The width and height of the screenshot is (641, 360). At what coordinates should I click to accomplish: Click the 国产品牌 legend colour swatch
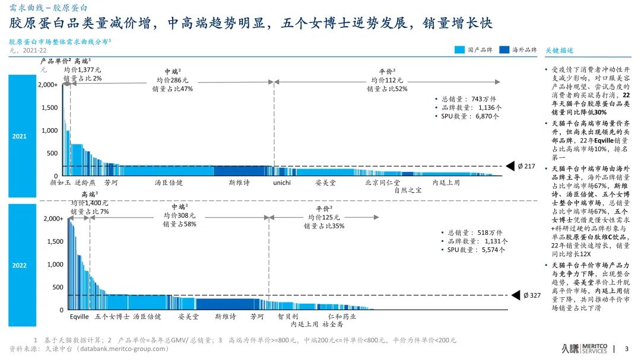(460, 50)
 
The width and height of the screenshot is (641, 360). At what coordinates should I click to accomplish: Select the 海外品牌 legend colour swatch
(504, 50)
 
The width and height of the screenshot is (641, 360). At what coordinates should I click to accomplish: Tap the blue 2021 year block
(20, 136)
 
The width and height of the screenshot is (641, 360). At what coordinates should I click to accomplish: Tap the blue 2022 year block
(20, 265)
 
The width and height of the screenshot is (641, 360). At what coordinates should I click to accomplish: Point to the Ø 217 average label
(526, 166)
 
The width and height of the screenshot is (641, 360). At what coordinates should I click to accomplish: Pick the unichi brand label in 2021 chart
(282, 183)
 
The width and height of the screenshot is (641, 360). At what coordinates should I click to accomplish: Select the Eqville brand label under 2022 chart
(79, 317)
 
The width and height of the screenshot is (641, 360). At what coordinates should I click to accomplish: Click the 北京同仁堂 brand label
(382, 183)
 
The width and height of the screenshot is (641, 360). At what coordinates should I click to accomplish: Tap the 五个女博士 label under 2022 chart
(112, 317)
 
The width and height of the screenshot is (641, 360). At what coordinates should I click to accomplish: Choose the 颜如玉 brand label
(61, 183)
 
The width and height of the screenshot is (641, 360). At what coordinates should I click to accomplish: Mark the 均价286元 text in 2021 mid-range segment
(172, 80)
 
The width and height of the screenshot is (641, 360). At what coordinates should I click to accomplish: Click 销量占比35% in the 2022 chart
(323, 226)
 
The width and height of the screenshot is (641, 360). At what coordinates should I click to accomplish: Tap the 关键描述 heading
(559, 50)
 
